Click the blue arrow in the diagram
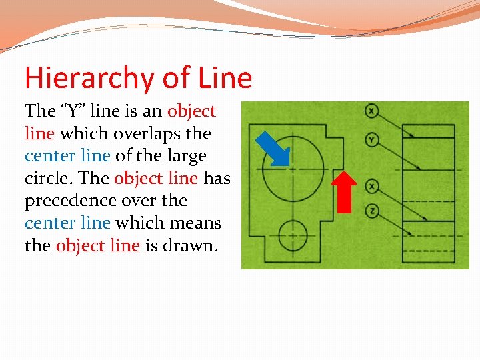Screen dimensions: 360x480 [275, 149]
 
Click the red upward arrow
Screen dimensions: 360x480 [344, 192]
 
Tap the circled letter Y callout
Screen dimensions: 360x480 [371, 139]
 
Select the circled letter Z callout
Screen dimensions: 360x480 [371, 211]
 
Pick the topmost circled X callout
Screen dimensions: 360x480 [371, 111]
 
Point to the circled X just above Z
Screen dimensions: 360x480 [371, 186]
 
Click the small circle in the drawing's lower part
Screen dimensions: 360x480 [293, 235]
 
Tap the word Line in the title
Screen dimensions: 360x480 [225, 79]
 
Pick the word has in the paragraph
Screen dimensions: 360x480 [217, 179]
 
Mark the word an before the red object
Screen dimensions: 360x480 [153, 111]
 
